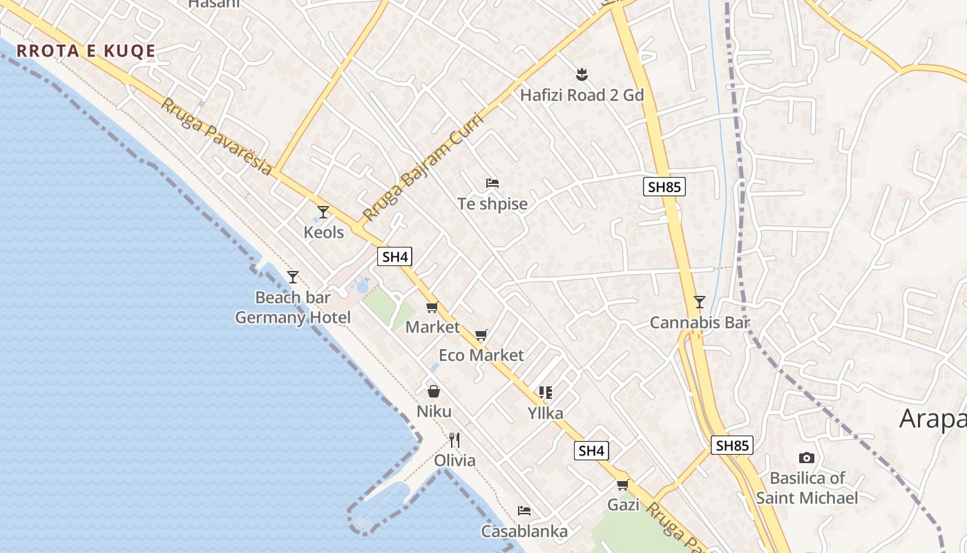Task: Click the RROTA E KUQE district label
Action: [x=86, y=50]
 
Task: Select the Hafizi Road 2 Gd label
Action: [x=582, y=95]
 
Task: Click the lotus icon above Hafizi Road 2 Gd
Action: [x=582, y=73]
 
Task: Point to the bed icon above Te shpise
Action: [x=492, y=183]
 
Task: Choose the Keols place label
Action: [x=324, y=232]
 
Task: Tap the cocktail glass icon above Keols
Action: [x=323, y=212]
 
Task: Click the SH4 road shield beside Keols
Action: [x=395, y=256]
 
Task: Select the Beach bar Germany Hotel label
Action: [x=293, y=308]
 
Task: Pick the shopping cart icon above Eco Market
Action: [x=481, y=335]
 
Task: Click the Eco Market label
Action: [x=481, y=355]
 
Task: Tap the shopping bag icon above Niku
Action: [x=434, y=391]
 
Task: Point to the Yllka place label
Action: [x=545, y=413]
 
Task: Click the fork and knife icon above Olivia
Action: [x=454, y=440]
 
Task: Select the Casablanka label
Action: [x=524, y=531]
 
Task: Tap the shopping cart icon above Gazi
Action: [x=623, y=485]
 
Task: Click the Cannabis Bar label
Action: [x=700, y=323]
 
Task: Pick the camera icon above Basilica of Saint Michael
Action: [x=806, y=458]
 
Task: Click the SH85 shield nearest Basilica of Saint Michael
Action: [x=732, y=445]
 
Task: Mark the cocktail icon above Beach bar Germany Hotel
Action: [x=293, y=276]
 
